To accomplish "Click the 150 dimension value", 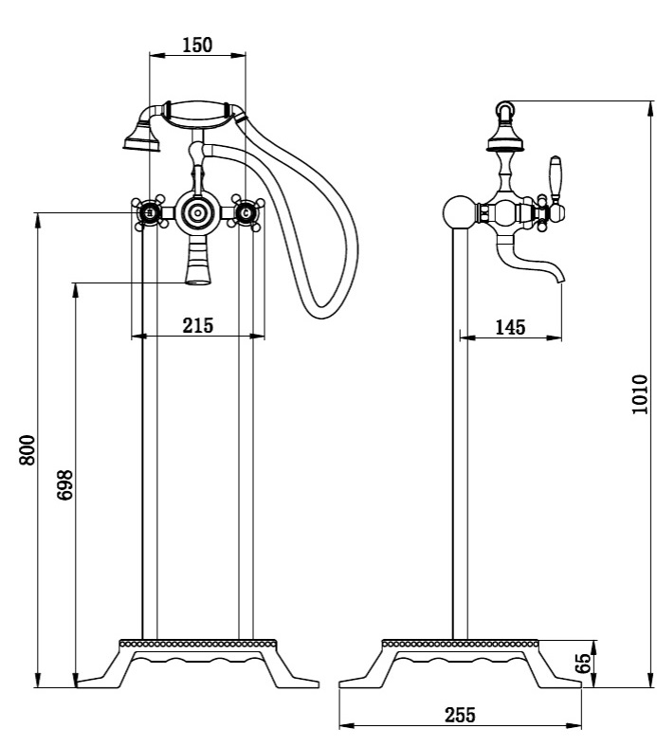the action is (x=197, y=45).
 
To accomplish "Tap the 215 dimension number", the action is (x=198, y=325).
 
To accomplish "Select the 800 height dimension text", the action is (x=27, y=449).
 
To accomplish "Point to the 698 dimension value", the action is (x=64, y=485).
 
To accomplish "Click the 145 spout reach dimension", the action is (x=510, y=327).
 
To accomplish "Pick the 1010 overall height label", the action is (x=639, y=394).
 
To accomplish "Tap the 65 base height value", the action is (x=583, y=663).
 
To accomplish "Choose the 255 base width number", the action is (x=460, y=715).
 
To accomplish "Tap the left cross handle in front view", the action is (x=150, y=212).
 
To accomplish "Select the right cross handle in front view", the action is (x=246, y=212).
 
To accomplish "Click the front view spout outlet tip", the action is (x=198, y=282).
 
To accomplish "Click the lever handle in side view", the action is (x=556, y=178).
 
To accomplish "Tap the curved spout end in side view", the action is (x=560, y=279).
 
